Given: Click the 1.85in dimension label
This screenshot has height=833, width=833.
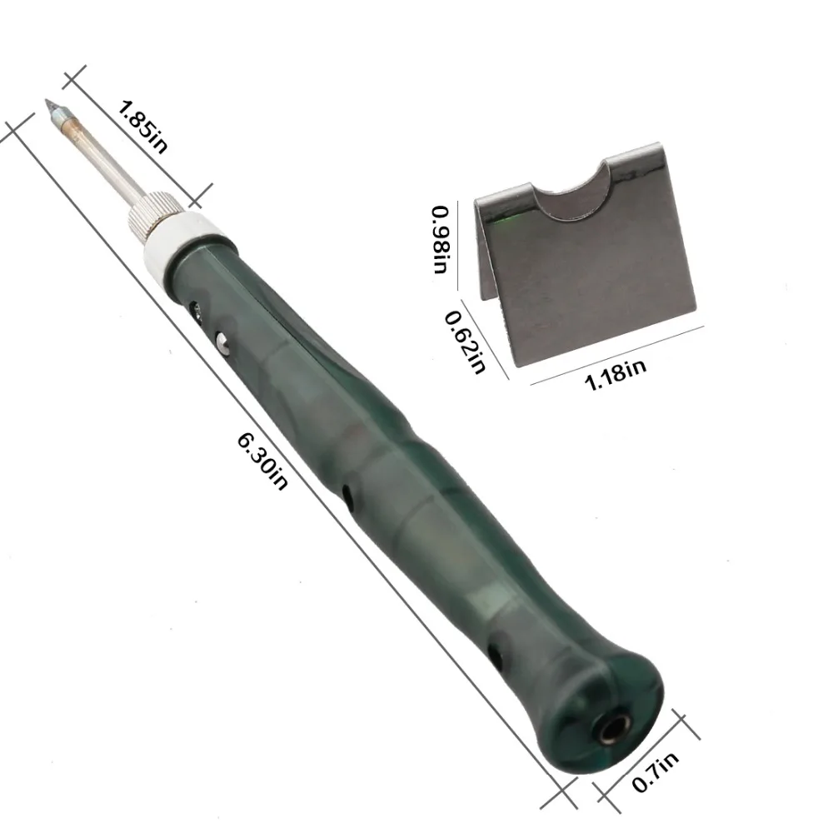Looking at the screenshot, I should coord(143,126).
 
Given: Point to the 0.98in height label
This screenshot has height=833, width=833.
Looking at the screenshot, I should coord(439,241).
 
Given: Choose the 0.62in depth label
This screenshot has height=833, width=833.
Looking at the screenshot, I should coord(465,341).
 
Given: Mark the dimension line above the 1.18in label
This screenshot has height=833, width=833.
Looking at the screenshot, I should coord(616,354).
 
